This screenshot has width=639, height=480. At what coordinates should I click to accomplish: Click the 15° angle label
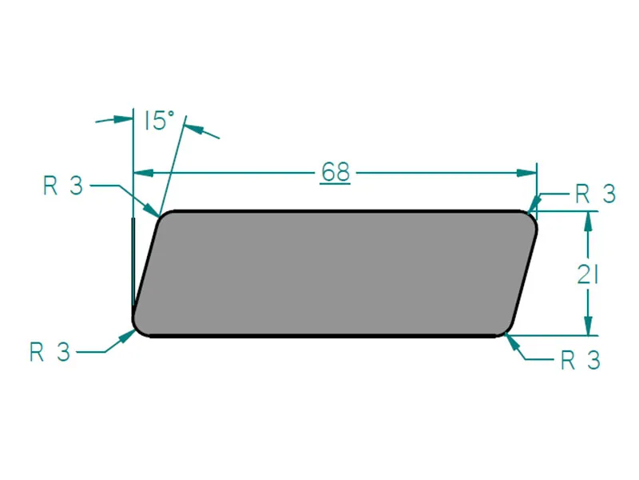pyautogui.click(x=159, y=121)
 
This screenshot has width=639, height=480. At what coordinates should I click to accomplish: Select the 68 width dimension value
pyautogui.click(x=335, y=172)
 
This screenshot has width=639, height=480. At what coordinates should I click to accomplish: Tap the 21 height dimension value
pyautogui.click(x=589, y=274)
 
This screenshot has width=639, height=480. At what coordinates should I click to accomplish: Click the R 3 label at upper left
pyautogui.click(x=63, y=186)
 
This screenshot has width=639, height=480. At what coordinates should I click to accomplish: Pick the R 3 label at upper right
pyautogui.click(x=595, y=194)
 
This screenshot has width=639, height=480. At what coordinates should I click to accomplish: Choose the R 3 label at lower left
pyautogui.click(x=50, y=352)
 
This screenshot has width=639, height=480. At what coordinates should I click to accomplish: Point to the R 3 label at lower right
pyautogui.click(x=580, y=361)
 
